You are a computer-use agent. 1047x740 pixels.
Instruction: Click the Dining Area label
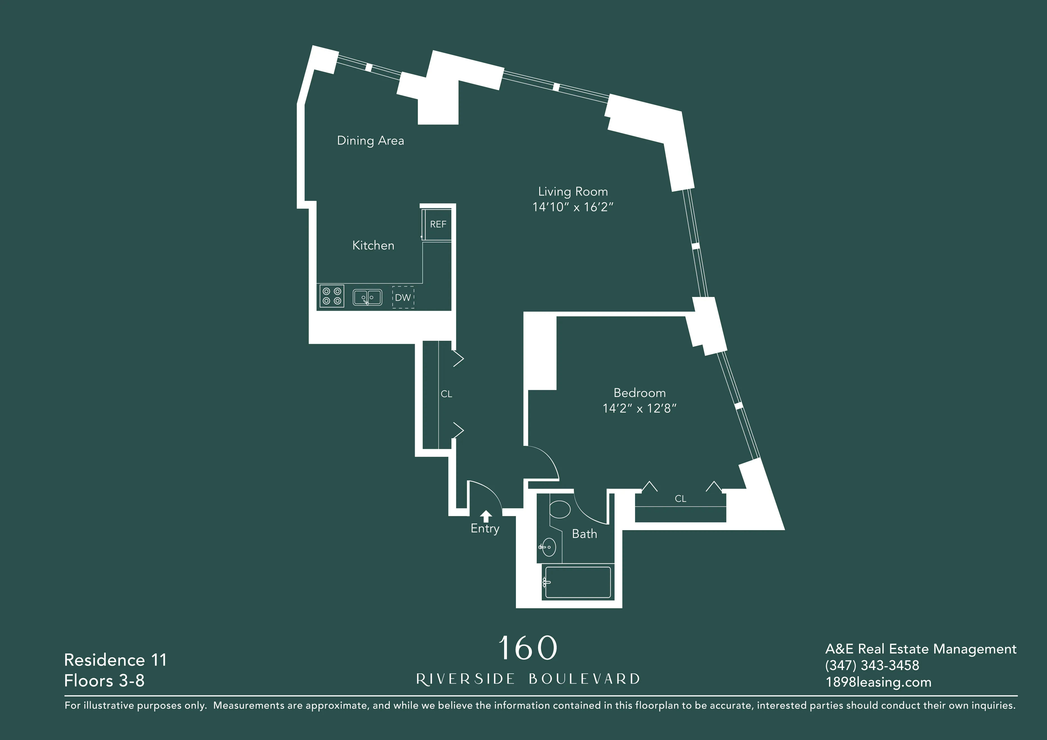370,140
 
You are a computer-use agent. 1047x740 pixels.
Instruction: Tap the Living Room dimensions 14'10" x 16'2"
573,207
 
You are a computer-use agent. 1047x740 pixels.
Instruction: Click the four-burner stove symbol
332,296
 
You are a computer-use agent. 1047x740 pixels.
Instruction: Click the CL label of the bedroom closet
680,499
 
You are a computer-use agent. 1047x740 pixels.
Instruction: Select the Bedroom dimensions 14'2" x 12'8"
639,408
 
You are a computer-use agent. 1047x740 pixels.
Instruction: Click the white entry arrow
486,516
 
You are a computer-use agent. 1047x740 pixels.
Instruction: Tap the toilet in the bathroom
560,509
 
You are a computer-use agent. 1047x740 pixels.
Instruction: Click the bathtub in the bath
578,582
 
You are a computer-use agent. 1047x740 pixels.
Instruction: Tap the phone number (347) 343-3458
872,665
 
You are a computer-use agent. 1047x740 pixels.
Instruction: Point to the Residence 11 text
115,660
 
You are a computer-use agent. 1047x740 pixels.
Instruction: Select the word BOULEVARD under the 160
584,679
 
